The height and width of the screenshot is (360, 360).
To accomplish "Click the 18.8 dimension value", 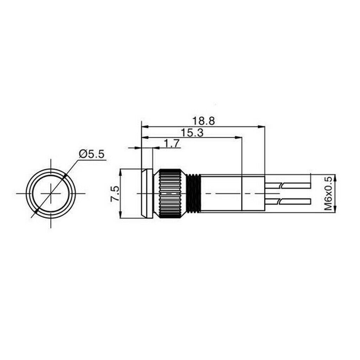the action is pyautogui.click(x=204, y=121).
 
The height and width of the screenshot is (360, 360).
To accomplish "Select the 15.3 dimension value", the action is pyautogui.click(x=192, y=133).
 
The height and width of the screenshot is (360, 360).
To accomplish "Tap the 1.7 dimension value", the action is pyautogui.click(x=171, y=144).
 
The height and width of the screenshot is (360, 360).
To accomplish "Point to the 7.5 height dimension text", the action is pyautogui.click(x=115, y=194).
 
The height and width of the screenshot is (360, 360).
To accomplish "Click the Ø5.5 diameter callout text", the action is pyautogui.click(x=91, y=154).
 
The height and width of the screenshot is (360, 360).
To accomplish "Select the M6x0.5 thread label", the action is pyautogui.click(x=328, y=194).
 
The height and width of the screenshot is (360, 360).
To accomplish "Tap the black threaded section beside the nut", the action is pyautogui.click(x=194, y=193).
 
